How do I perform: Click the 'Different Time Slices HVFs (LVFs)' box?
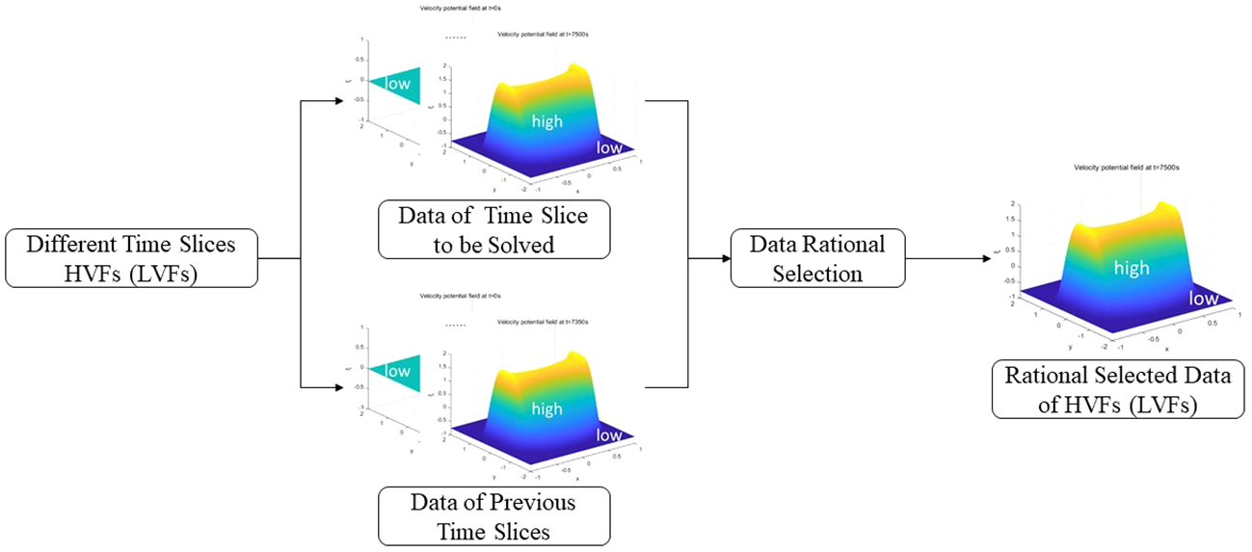[131, 258]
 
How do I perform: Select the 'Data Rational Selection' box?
[817, 258]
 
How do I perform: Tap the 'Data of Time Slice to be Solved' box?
[493, 230]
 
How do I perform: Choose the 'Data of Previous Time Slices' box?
[493, 516]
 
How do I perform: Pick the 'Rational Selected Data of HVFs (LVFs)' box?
[1117, 389]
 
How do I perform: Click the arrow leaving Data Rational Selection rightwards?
[973, 258]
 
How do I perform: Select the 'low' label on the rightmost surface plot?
[1204, 299]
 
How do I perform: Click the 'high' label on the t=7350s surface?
[546, 408]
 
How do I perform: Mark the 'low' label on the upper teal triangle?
[397, 85]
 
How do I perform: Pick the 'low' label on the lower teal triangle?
[397, 371]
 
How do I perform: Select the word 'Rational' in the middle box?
[840, 245]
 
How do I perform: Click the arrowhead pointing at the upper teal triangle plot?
[339, 100]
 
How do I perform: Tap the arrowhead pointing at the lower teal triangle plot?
[339, 387]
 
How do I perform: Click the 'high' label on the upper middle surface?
[546, 122]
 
